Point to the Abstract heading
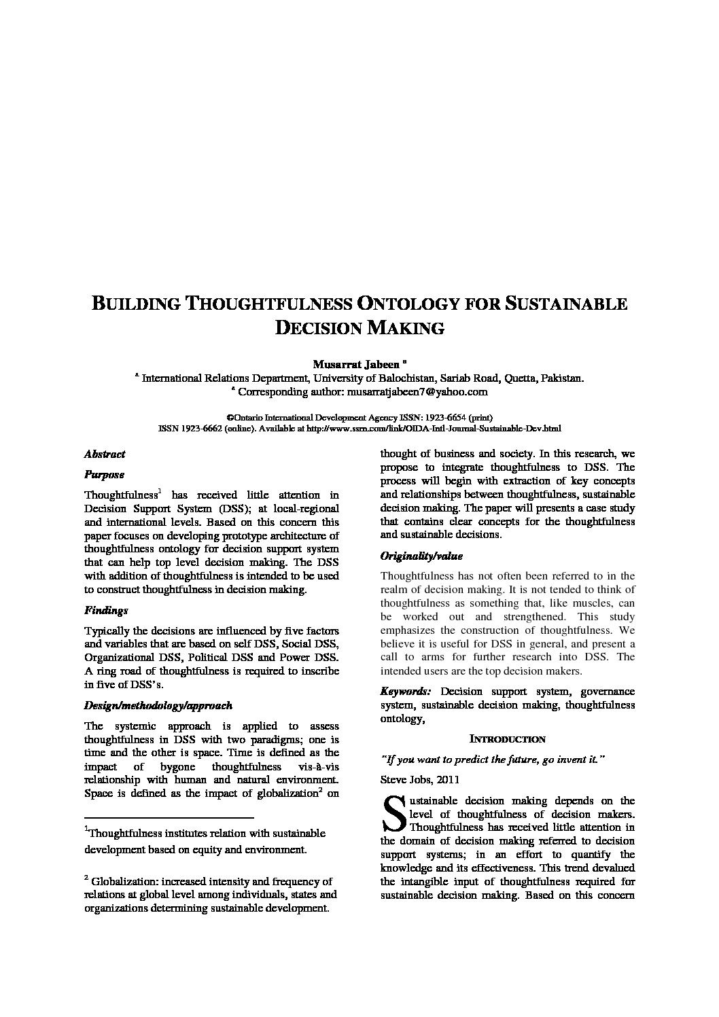(105, 454)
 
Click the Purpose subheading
(104, 475)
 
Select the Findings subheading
(106, 611)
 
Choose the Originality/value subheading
(421, 556)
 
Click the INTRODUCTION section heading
(508, 739)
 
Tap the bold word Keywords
(405, 692)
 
